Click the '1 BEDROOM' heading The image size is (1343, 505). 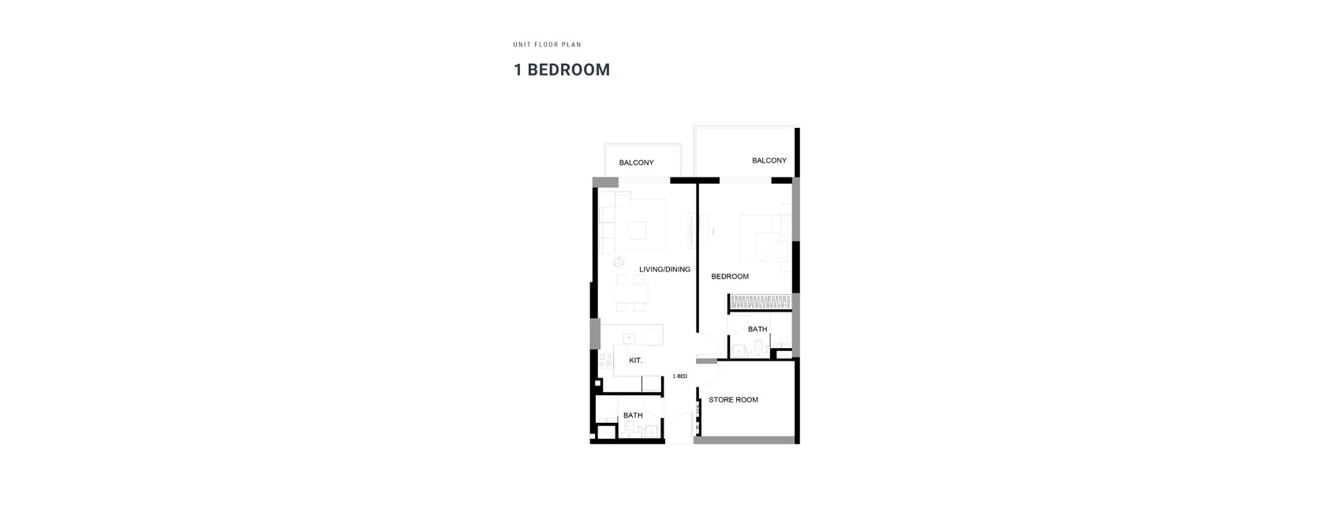pos(562,69)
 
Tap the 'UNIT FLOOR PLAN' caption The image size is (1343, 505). pos(548,44)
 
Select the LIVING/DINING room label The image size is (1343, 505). pos(665,269)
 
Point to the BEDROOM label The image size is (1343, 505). pos(730,276)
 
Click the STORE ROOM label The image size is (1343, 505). pos(733,399)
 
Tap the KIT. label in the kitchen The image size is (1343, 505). pos(635,361)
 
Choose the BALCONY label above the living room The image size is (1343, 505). pos(636,163)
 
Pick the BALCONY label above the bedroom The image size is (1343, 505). pos(769,160)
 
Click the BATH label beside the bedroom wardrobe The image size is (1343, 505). pos(758,329)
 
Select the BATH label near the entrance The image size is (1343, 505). pos(633,415)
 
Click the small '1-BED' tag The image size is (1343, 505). pos(680,376)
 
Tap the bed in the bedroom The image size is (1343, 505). pos(765,238)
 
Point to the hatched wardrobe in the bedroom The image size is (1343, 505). pos(760,301)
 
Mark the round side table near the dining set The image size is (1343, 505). pos(619,263)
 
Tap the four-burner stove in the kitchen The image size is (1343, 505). pos(606,361)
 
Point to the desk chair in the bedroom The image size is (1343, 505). pos(711,230)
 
